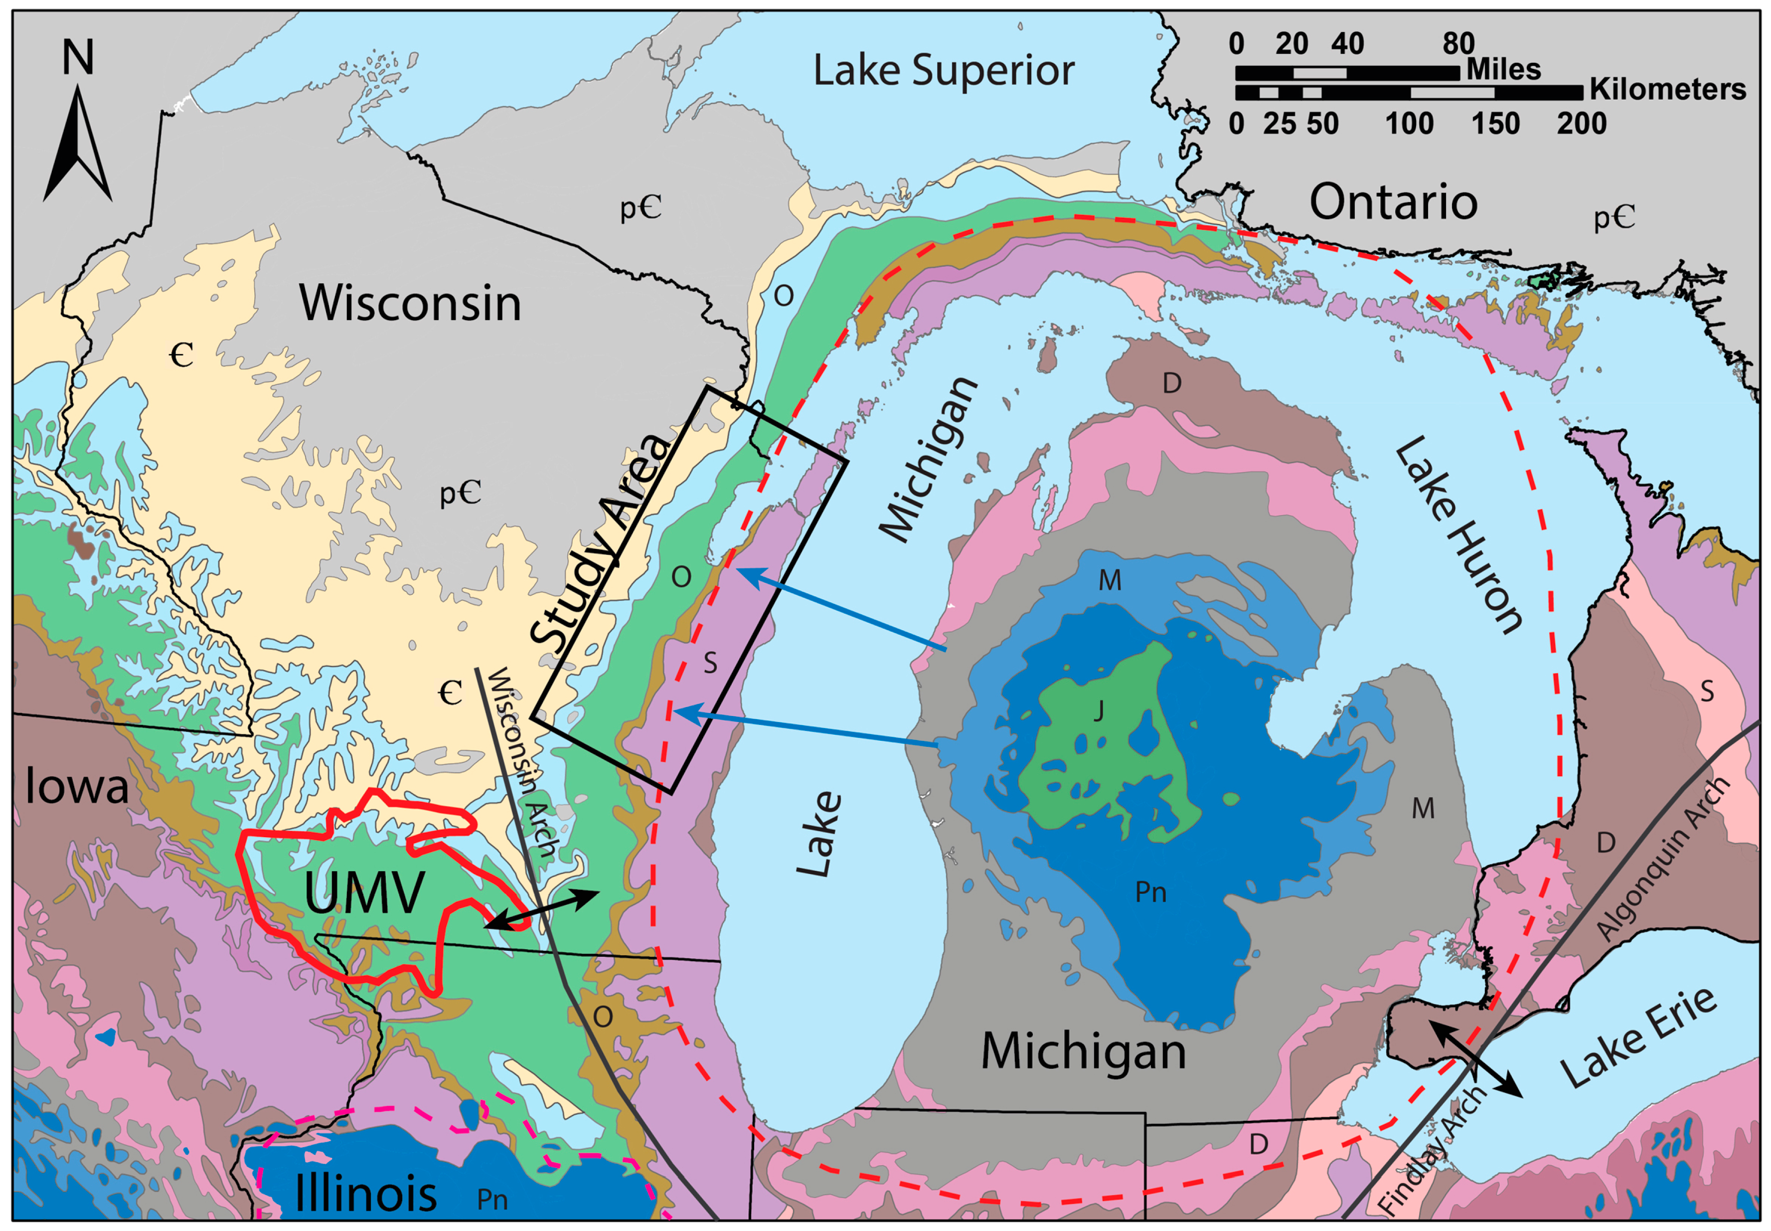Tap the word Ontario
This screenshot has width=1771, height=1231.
(1393, 202)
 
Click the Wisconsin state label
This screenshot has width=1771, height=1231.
(410, 303)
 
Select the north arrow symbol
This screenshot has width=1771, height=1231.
(78, 143)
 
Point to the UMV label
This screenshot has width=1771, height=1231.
(364, 893)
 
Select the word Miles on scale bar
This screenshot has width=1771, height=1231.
(1503, 69)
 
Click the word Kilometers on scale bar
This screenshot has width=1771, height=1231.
(1667, 89)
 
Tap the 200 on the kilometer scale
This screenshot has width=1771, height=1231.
(1581, 124)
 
